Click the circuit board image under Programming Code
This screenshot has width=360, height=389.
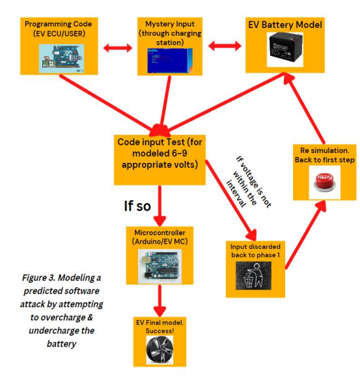[x=62, y=57]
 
